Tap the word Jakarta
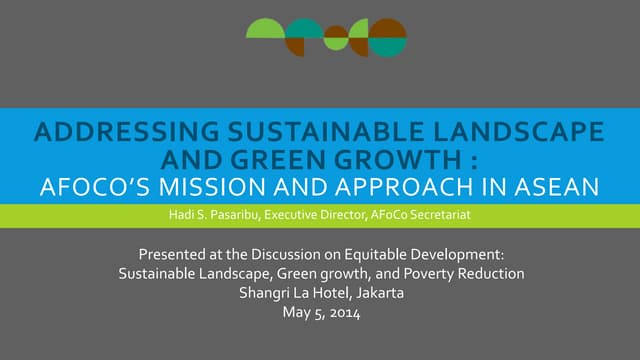pyautogui.click(x=374, y=293)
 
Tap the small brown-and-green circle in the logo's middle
pyautogui.click(x=336, y=38)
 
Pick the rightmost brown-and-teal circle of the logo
pyautogui.click(x=388, y=37)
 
